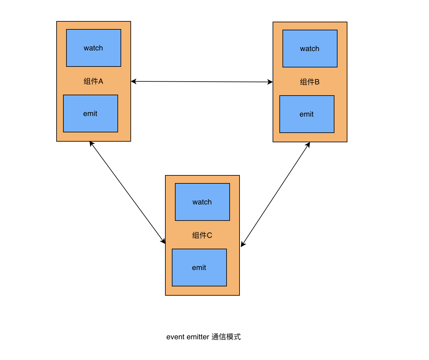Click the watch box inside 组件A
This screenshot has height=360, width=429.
(93, 48)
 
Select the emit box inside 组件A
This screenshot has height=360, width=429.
(90, 113)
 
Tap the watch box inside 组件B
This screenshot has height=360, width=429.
(310, 49)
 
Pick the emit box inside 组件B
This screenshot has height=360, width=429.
(307, 114)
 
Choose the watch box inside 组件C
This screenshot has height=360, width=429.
(202, 202)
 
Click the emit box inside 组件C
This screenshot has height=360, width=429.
(199, 267)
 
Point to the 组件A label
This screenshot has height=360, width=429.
(93, 81)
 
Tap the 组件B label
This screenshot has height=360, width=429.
(310, 82)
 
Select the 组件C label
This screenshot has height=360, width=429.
(202, 235)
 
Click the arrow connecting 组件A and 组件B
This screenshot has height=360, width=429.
(202, 82)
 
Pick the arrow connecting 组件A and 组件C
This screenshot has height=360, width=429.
(127, 192)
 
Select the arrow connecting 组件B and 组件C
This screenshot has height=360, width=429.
(275, 194)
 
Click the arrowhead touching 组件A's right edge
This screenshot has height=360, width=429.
(134, 81)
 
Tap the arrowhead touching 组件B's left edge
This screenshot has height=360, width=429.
(270, 82)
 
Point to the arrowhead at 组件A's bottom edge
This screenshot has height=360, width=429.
(91, 144)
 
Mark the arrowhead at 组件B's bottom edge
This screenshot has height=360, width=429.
(308, 145)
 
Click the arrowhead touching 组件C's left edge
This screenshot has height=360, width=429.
(163, 241)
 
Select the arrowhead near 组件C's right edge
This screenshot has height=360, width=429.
(243, 244)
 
